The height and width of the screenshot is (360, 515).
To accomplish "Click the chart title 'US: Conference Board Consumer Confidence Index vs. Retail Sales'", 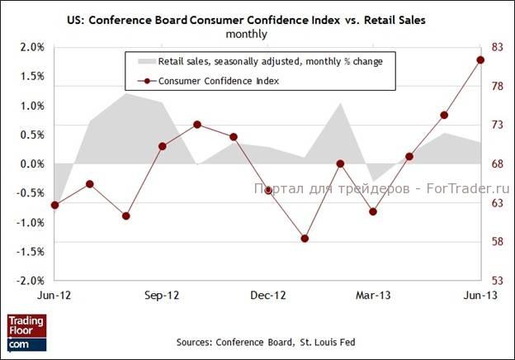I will pos(257,21).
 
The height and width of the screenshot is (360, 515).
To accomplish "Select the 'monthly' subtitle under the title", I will pos(257,36).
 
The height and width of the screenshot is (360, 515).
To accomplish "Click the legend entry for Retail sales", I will pos(264,61).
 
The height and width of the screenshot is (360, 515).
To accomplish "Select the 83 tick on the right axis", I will pos(498,47).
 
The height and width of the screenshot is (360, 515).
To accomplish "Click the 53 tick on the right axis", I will pos(498,280).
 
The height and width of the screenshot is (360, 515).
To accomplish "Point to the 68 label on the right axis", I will pos(498,163).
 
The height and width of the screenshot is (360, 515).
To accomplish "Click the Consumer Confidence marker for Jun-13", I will pos(480,59).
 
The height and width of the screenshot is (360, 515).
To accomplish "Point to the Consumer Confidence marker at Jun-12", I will pos(54,205).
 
